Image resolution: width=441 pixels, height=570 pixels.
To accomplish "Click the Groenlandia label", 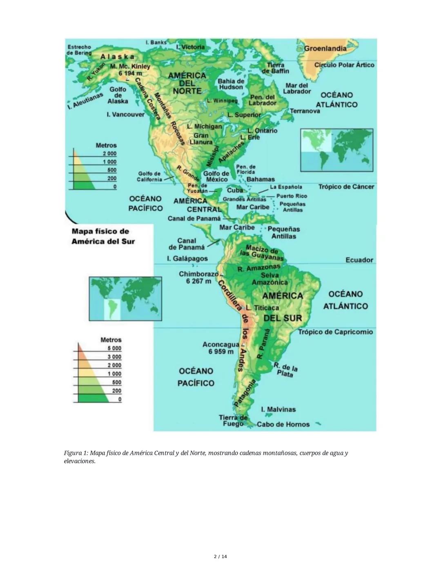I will pyautogui.click(x=325, y=48).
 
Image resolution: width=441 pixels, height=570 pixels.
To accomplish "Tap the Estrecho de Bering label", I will pyautogui.click(x=79, y=50).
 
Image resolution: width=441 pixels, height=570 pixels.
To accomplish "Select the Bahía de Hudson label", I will pyautogui.click(x=231, y=84).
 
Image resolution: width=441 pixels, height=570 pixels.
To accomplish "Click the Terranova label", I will pyautogui.click(x=305, y=111).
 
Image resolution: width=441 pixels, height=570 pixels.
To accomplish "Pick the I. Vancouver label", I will pyautogui.click(x=125, y=115).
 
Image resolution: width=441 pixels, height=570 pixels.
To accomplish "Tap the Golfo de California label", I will pyautogui.click(x=149, y=177).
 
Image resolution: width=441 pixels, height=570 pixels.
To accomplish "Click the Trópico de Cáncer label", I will pyautogui.click(x=346, y=187).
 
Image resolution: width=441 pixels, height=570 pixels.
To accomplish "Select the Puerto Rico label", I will pyautogui.click(x=291, y=196).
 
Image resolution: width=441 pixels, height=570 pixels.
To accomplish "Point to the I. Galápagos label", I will pyautogui.click(x=187, y=259).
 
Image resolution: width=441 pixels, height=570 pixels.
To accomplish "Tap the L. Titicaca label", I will pyautogui.click(x=263, y=308).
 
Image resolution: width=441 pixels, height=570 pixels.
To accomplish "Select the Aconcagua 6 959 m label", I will pyautogui.click(x=220, y=348).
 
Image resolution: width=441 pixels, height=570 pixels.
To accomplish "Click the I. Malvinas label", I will pyautogui.click(x=278, y=409).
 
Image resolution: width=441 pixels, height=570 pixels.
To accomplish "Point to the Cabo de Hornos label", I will pyautogui.click(x=283, y=424).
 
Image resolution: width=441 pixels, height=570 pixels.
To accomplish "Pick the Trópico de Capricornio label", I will pyautogui.click(x=335, y=332).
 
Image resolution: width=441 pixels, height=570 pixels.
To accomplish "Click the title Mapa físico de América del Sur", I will pyautogui.click(x=103, y=236).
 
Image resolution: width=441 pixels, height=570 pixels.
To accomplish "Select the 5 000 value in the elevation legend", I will pyautogui.click(x=114, y=348).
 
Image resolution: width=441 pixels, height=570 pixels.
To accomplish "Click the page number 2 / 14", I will pyautogui.click(x=220, y=557).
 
